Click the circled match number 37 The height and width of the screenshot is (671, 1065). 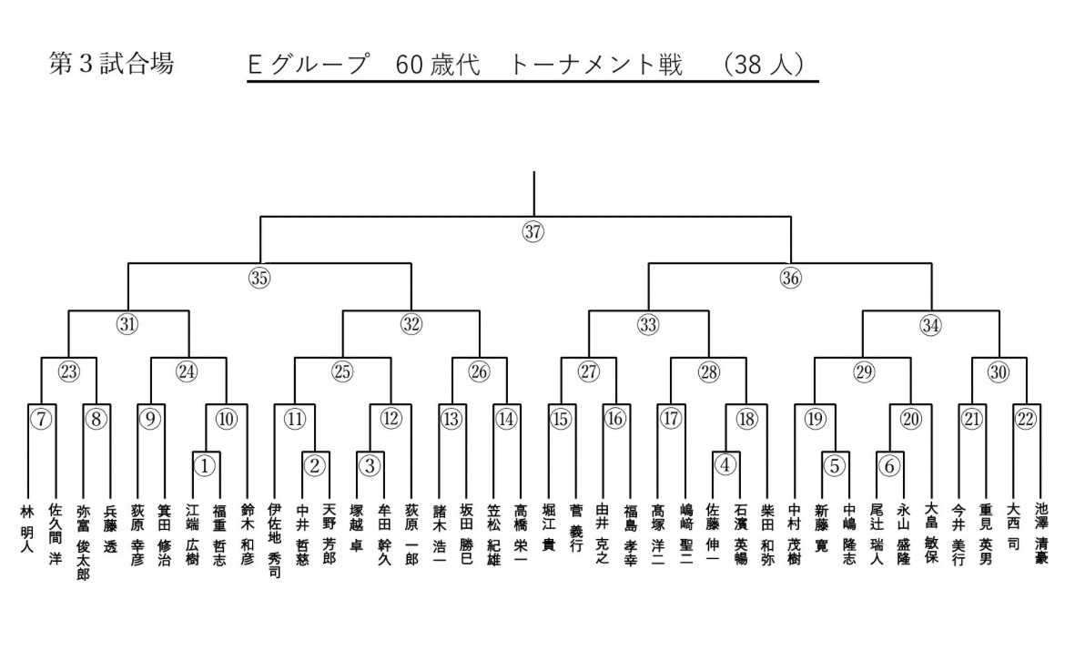(533, 231)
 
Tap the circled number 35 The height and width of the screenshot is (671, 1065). (259, 279)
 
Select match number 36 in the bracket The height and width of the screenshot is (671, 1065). (790, 279)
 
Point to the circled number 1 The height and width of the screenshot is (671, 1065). (206, 465)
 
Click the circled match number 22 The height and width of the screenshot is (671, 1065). (1027, 419)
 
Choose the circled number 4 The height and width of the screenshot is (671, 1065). (725, 465)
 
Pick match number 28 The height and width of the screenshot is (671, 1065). (709, 371)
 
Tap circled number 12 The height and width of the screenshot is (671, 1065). (390, 419)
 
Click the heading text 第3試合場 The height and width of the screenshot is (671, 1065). (110, 65)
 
